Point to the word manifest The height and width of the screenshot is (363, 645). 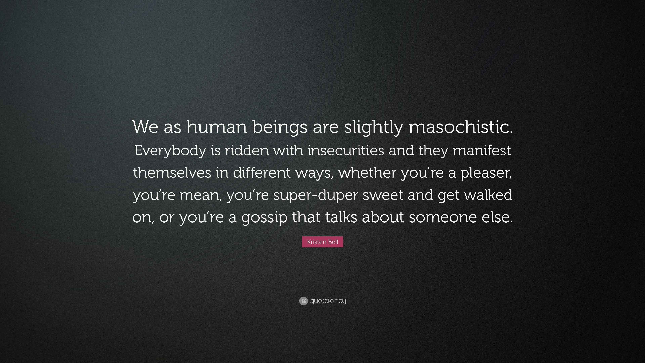(482, 150)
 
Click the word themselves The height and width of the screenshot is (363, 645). (172, 172)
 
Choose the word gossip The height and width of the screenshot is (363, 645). (264, 218)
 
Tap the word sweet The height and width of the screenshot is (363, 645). (383, 195)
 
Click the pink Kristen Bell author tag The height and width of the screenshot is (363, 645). (322, 242)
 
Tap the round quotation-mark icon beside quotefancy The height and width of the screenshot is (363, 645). (304, 301)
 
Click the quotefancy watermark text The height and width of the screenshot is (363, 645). (328, 301)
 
